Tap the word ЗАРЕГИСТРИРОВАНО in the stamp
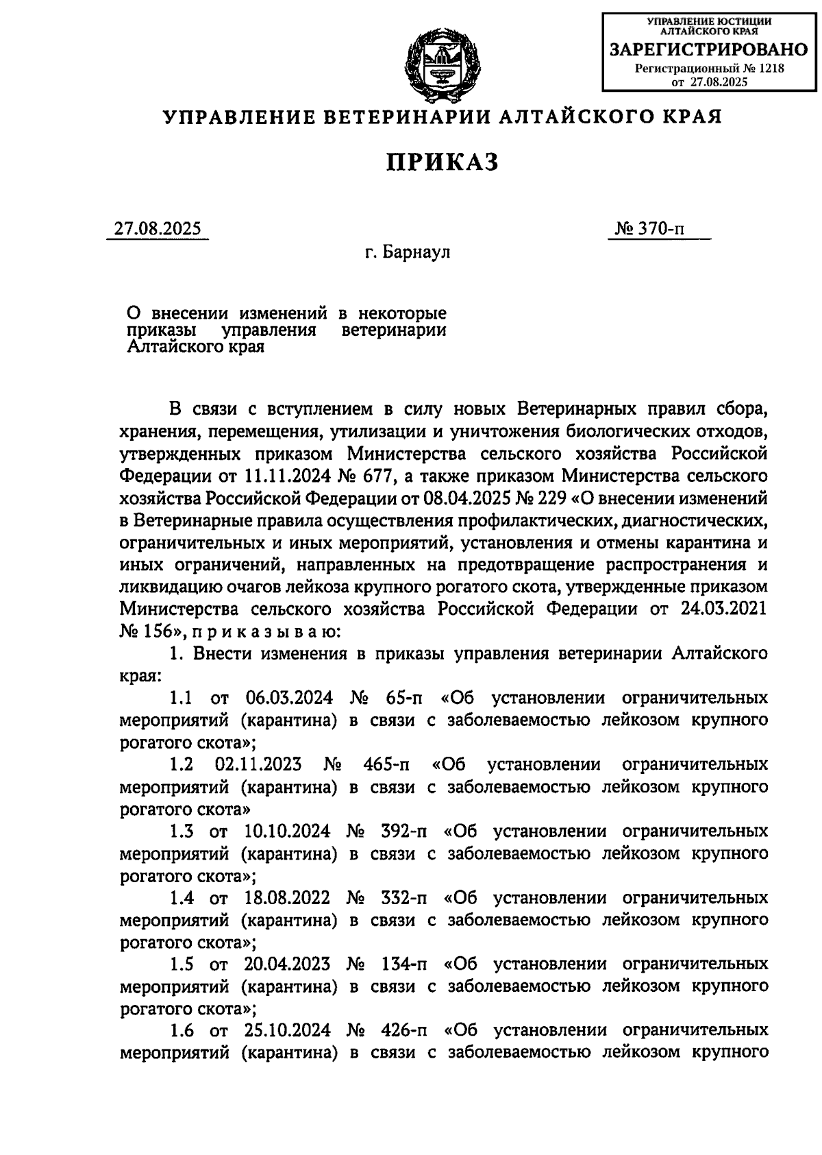coord(709,49)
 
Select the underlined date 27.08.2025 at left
coord(158,228)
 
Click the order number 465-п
coord(385,765)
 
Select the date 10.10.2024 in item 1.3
coord(286,831)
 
